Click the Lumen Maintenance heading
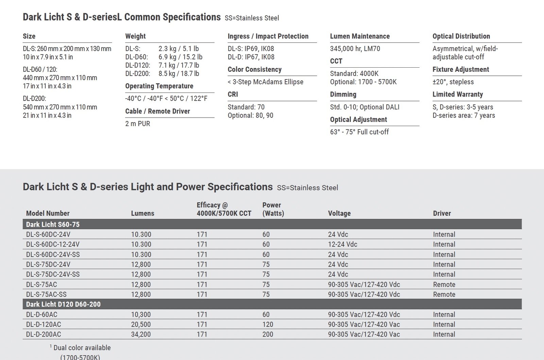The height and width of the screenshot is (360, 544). point(360,36)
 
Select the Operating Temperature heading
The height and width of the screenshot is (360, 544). point(159,86)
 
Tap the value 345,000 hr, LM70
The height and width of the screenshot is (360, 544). point(355,49)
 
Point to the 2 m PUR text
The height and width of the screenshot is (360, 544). point(138,124)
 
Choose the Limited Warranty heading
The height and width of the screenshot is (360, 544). point(458,95)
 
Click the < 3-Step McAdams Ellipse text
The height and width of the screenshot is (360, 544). point(266,82)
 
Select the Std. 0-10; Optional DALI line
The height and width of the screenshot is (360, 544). point(364,107)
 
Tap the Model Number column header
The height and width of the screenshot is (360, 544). point(48,213)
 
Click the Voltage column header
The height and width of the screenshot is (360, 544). point(339,213)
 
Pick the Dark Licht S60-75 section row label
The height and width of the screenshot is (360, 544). point(53,224)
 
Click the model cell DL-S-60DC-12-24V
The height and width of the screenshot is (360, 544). point(53,244)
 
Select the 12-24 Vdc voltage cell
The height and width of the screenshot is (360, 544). point(342,244)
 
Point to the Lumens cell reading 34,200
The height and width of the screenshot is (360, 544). point(141,335)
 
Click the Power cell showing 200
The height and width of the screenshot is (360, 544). point(268,335)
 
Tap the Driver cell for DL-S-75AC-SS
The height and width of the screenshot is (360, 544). point(444,294)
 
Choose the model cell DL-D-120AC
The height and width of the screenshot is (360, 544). point(44,325)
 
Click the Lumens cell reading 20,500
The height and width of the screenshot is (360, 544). point(141,325)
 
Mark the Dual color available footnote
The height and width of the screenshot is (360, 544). point(82,348)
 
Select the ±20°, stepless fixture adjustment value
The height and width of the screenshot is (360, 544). point(453,82)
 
